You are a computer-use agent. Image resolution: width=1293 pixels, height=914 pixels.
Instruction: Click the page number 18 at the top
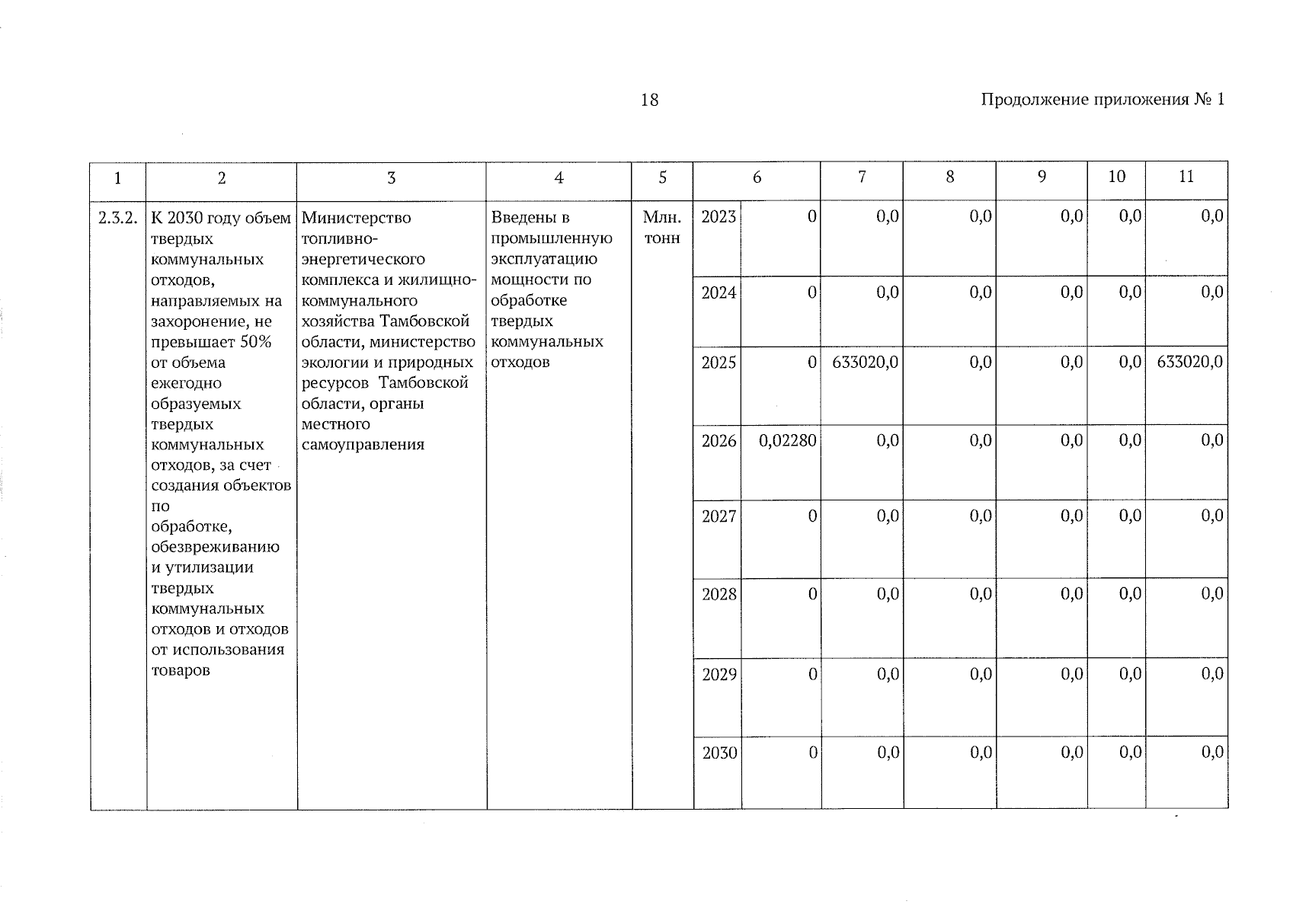649,100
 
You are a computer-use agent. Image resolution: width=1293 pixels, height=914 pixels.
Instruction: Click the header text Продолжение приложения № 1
1102,100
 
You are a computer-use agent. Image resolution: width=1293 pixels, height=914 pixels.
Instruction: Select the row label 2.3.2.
118,218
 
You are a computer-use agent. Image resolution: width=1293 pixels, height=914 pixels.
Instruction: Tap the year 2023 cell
718,217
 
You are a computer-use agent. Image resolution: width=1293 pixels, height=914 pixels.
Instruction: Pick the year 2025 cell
718,363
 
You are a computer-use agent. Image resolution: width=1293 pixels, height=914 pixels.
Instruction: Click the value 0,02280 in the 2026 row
787,440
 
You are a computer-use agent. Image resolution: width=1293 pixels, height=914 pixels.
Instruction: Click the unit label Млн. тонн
662,228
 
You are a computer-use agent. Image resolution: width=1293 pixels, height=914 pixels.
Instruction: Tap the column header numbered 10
1116,177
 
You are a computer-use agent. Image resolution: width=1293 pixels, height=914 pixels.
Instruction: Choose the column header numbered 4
558,177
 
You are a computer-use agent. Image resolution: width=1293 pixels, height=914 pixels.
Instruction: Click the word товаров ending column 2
181,670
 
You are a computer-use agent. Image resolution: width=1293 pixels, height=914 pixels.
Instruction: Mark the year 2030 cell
719,753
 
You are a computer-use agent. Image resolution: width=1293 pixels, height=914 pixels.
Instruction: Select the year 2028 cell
719,594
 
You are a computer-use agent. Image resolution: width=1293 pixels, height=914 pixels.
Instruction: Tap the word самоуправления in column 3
363,445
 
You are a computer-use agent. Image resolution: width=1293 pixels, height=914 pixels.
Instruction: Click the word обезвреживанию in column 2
215,547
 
